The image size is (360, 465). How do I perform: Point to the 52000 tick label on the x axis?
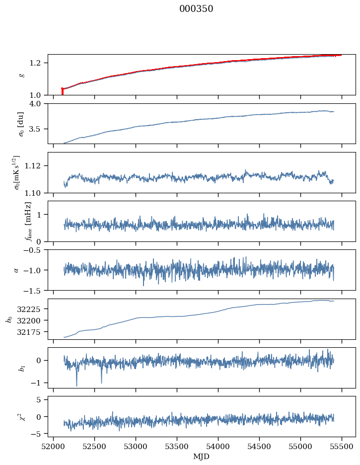pyautogui.click(x=53, y=446)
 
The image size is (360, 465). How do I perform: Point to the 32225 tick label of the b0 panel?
pyautogui.click(x=33, y=309)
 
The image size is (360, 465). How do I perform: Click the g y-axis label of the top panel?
pyautogui.click(x=21, y=75)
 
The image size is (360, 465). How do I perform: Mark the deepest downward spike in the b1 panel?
pyautogui.click(x=76, y=385)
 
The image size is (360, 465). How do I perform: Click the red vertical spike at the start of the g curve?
pyautogui.click(x=62, y=91)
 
